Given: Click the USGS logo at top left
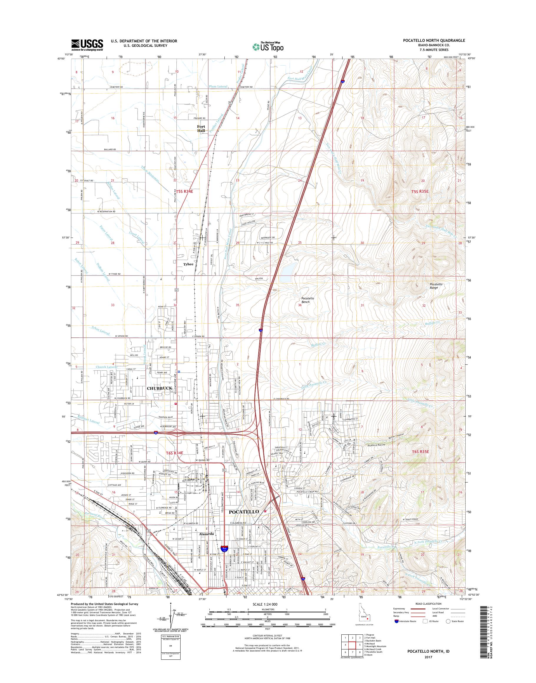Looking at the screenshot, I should [x=87, y=45].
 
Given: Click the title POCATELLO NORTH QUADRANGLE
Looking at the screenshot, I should [x=434, y=40].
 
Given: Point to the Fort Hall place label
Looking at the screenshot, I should [x=201, y=128].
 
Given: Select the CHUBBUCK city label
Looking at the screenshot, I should [x=159, y=388].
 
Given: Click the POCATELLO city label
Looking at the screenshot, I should [x=244, y=512].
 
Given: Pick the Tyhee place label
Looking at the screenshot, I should [x=188, y=264].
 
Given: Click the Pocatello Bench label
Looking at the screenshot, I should [x=305, y=300].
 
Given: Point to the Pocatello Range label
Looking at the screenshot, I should [x=436, y=286].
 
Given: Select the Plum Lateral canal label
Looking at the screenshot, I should [x=218, y=86].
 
